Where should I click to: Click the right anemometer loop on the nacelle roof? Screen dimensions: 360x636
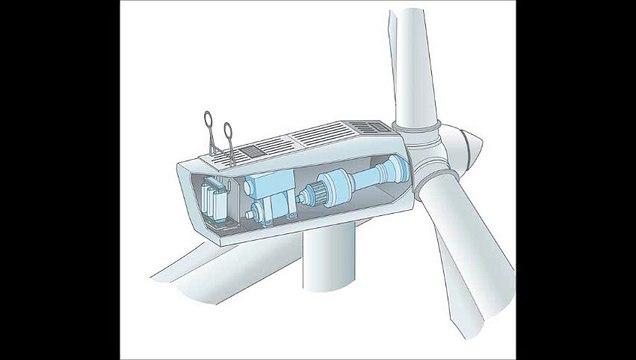point(229,130)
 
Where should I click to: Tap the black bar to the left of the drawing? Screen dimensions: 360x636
point(60,180)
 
